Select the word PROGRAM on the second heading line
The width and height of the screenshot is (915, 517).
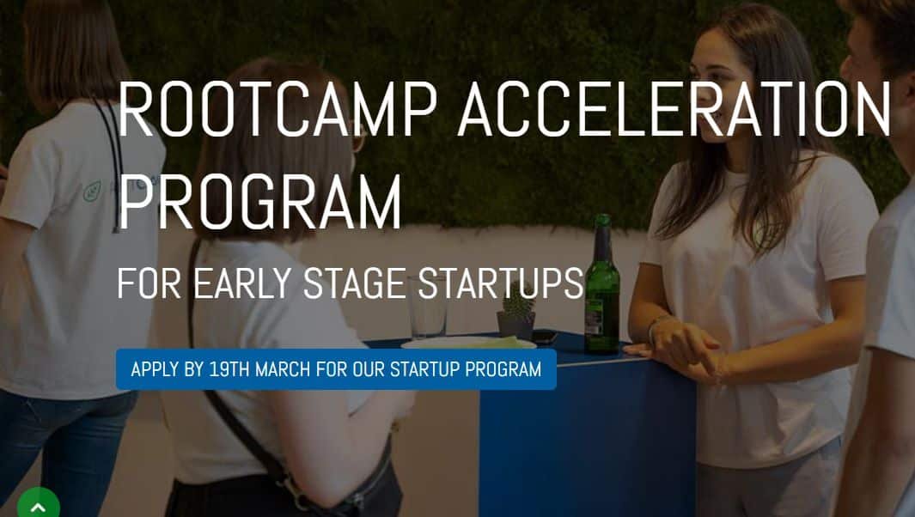click(259, 204)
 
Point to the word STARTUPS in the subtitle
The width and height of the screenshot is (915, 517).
click(500, 284)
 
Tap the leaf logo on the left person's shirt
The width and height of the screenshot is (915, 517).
click(92, 191)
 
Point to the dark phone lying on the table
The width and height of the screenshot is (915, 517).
click(544, 336)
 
